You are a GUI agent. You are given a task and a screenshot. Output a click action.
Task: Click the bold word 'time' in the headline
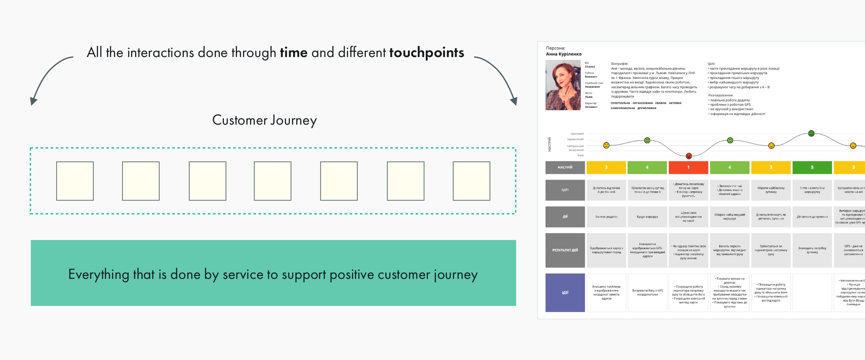294,53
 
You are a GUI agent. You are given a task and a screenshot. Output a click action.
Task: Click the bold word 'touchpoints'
426,53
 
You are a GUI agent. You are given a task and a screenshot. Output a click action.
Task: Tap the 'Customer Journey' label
264,120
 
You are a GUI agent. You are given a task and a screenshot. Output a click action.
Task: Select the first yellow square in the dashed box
75,181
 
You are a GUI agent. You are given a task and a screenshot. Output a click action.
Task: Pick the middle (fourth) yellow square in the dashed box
272,181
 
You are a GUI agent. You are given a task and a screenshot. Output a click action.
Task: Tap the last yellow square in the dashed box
471,181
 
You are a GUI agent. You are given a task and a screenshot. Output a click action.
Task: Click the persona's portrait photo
563,85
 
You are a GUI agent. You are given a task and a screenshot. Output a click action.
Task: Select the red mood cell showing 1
688,167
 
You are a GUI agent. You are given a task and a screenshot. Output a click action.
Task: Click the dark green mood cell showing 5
812,167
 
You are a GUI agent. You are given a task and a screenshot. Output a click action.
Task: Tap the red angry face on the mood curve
688,156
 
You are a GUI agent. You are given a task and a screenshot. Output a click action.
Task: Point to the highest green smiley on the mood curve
811,134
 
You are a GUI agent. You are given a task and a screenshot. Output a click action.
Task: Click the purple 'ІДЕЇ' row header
565,292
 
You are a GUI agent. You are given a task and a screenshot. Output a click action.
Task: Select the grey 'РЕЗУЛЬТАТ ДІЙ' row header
565,250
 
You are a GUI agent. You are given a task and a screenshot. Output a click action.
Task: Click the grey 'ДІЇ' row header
565,217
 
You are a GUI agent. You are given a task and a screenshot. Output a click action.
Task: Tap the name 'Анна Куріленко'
563,54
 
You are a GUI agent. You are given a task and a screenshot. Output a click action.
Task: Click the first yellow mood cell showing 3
606,167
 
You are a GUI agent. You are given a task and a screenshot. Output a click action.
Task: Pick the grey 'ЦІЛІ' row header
565,190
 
